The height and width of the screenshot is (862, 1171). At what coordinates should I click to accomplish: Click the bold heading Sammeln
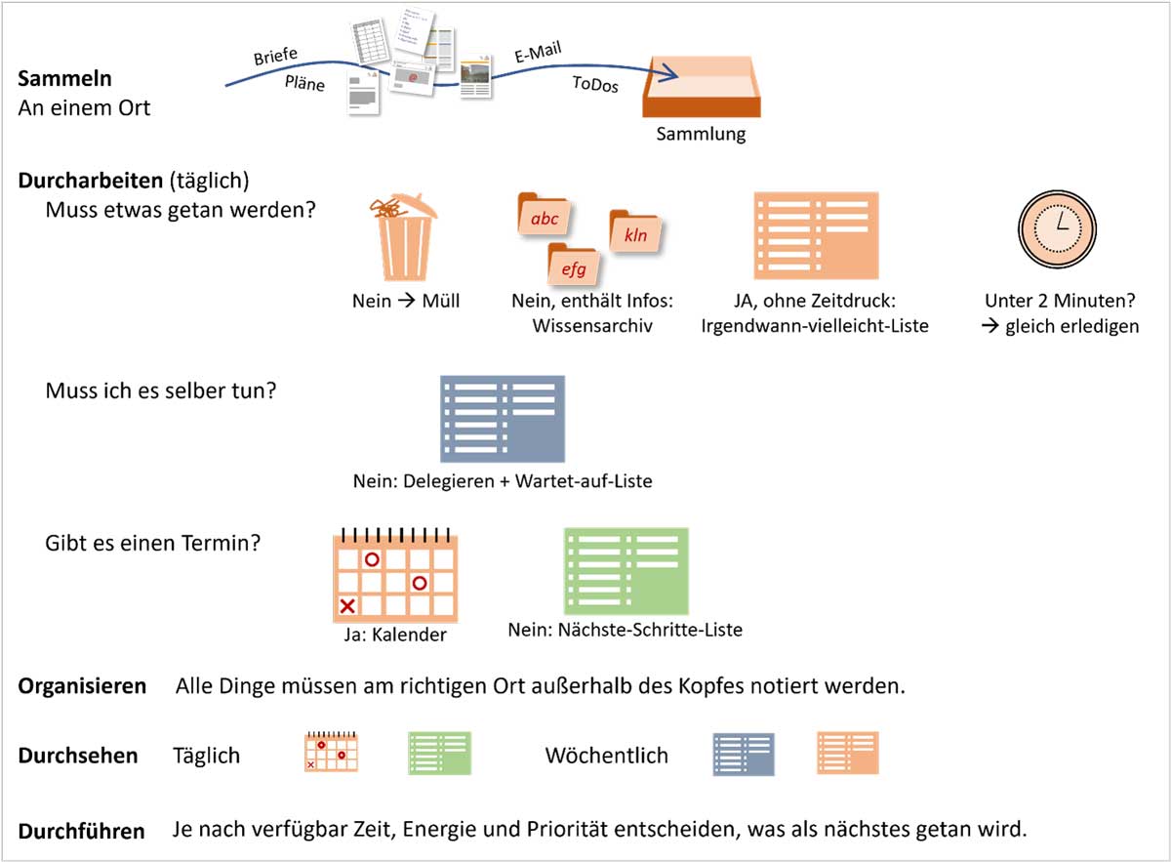[64, 78]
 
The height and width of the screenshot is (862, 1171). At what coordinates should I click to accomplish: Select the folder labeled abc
[544, 217]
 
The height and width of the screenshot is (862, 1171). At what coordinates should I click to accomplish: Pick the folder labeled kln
[633, 233]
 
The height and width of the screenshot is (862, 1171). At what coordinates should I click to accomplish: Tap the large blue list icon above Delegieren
[503, 419]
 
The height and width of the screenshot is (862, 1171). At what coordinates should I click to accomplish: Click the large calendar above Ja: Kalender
[394, 578]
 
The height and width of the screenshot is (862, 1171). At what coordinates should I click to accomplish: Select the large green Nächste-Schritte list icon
[626, 571]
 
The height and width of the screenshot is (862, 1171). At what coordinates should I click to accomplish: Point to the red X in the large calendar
[346, 606]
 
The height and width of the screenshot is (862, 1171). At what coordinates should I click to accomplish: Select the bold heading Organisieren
[82, 686]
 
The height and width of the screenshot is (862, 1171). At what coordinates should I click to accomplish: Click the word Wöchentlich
[606, 756]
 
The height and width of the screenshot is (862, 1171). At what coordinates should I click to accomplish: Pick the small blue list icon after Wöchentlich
[744, 754]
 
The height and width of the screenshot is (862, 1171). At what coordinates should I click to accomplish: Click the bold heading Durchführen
[82, 832]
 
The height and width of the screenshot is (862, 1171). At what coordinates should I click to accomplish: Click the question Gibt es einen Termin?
[152, 542]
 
